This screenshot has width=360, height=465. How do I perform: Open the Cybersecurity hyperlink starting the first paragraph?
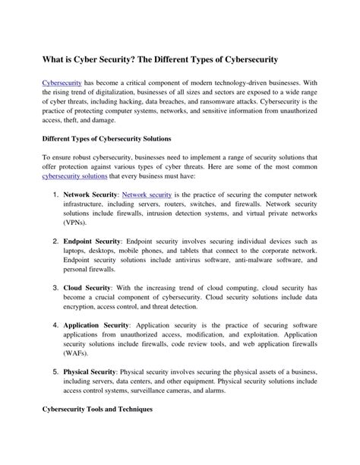[62, 81]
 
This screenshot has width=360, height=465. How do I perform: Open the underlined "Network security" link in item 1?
[146, 195]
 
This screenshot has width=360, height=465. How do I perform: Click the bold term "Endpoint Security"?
[92, 241]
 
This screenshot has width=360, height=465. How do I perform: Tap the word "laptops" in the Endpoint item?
[75, 251]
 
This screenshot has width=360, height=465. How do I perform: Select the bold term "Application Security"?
[97, 325]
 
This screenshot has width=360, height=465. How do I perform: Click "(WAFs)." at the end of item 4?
[77, 353]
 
